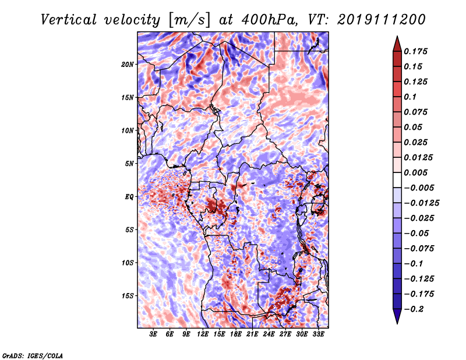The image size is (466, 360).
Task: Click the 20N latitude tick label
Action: tap(128, 65)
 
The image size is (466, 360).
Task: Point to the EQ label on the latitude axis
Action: tap(129, 197)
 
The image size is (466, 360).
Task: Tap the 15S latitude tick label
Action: tap(128, 296)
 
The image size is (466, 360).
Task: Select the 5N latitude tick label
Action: tap(129, 164)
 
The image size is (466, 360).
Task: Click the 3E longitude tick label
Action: tap(153, 334)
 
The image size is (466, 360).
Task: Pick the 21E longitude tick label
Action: tap(252, 334)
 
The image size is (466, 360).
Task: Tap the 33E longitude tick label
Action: tap(318, 334)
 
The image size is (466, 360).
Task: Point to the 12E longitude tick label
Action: tap(202, 334)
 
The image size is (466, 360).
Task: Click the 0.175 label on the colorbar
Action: tap(415, 51)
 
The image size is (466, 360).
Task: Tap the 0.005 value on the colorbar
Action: tap(415, 172)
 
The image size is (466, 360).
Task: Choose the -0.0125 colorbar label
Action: tap(421, 203)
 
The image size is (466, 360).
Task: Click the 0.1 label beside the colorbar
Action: tap(410, 97)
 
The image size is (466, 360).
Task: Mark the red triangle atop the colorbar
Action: tap(397, 44)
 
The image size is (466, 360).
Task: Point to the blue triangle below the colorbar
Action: tap(397, 316)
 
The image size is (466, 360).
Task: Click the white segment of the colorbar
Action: tap(397, 180)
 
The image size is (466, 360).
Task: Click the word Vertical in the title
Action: tap(69, 20)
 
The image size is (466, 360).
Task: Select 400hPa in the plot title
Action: tap(270, 20)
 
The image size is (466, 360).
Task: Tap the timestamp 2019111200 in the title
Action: tap(382, 20)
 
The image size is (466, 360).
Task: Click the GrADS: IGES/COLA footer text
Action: tap(33, 355)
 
